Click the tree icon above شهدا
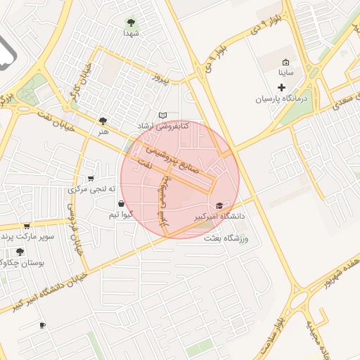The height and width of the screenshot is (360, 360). [x=131, y=22]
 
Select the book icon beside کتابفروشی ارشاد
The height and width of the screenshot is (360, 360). [x=163, y=115]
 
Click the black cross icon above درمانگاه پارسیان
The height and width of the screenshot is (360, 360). [x=282, y=88]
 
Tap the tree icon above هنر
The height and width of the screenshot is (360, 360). [x=103, y=121]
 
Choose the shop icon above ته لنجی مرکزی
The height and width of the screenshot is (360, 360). [x=90, y=179]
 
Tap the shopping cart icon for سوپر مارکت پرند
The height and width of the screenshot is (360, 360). [x=27, y=226]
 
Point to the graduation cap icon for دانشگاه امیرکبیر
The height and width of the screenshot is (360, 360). [x=219, y=206]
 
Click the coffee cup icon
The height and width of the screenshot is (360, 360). [x=42, y=325]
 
